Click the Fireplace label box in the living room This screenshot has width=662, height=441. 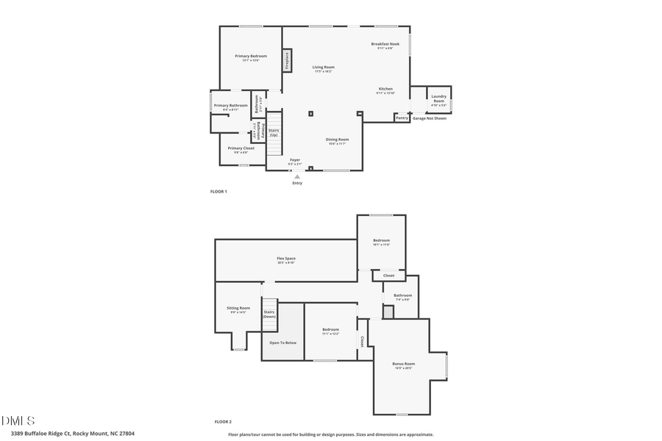point(286,60)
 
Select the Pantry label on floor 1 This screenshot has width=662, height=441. point(402,118)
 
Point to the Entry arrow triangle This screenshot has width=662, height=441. point(297,176)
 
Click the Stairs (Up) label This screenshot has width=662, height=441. point(274,132)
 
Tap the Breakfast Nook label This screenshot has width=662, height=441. point(385,45)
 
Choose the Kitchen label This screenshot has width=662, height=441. point(385,90)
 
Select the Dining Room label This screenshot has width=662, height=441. point(338,140)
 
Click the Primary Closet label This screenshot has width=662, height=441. point(241,149)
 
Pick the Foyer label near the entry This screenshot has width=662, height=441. point(295,160)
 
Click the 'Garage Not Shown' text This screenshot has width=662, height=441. point(430,118)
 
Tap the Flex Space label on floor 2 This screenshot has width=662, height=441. point(286,259)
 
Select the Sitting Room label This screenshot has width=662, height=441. point(238,309)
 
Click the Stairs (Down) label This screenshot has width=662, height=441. point(269,314)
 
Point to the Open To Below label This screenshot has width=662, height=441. point(283,343)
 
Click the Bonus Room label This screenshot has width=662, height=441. point(404,365)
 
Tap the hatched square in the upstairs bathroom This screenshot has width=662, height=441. point(388,312)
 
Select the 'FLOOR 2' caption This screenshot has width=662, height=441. point(223,422)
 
